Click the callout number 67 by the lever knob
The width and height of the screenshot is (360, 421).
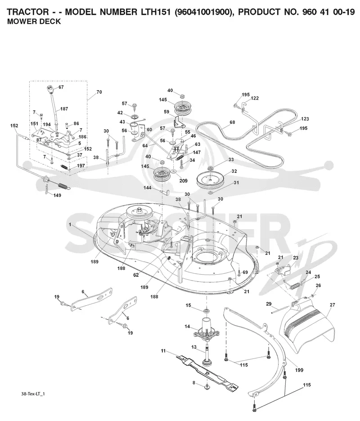click(x=61, y=87)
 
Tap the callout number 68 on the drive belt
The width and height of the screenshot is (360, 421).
click(x=232, y=122)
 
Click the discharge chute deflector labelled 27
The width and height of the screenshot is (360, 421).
click(x=307, y=328)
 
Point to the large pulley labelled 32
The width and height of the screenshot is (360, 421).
click(x=210, y=181)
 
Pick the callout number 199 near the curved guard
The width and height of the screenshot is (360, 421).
click(x=299, y=370)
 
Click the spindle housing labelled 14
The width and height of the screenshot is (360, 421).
click(x=207, y=329)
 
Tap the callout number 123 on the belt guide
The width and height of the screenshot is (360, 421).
click(x=305, y=119)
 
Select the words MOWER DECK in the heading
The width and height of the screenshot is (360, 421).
click(x=34, y=22)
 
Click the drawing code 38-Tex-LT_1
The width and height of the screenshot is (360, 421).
click(x=33, y=394)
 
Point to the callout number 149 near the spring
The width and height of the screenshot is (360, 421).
click(x=57, y=195)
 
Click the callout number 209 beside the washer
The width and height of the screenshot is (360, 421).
click(x=183, y=181)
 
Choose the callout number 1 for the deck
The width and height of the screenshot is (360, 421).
click(x=70, y=225)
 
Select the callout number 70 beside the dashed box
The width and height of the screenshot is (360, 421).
click(x=99, y=92)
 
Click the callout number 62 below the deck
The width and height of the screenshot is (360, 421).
click(x=136, y=275)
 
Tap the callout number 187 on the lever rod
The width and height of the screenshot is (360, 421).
click(x=64, y=109)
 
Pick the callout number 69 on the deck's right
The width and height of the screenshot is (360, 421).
click(x=245, y=272)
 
